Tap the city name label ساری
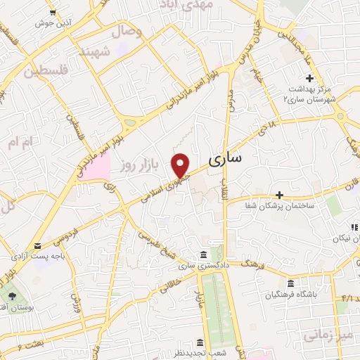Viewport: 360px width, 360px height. point(226,158)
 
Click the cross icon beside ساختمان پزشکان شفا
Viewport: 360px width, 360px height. point(279,194)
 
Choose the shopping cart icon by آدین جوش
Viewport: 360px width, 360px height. point(54,13)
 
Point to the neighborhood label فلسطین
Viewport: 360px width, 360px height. point(48,70)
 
